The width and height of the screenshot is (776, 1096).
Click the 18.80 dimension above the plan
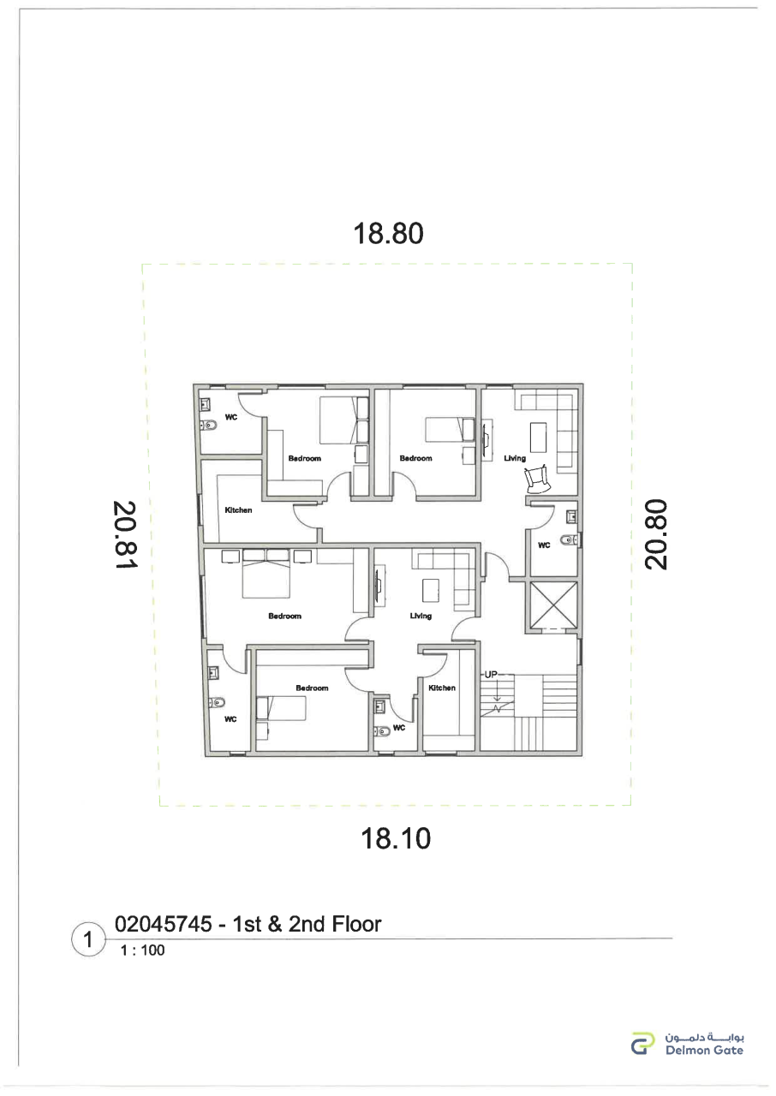click(x=388, y=234)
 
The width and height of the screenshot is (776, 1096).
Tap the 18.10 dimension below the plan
click(x=396, y=838)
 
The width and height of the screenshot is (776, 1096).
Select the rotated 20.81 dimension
click(x=126, y=534)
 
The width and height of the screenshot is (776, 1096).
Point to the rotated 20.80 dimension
click(x=655, y=533)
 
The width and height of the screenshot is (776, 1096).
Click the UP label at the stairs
click(x=491, y=674)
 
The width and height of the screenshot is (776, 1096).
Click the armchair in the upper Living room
click(x=537, y=479)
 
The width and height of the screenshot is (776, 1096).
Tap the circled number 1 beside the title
click(x=88, y=939)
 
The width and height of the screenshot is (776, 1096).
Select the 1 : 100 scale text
click(x=142, y=950)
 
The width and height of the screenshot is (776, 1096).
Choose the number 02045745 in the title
click(x=164, y=924)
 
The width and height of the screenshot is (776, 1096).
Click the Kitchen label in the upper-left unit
click(x=238, y=509)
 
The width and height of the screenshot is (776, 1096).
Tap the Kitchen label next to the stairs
click(x=442, y=688)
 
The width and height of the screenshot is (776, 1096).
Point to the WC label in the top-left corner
click(x=231, y=417)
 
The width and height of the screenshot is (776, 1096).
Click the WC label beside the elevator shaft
click(x=544, y=545)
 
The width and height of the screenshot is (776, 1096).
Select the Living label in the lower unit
click(x=421, y=616)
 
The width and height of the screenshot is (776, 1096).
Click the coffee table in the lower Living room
click(x=431, y=590)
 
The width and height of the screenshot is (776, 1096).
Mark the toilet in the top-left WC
click(x=208, y=425)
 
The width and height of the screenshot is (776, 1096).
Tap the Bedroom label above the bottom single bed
click(x=312, y=688)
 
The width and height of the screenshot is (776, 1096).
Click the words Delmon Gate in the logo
click(x=704, y=1050)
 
